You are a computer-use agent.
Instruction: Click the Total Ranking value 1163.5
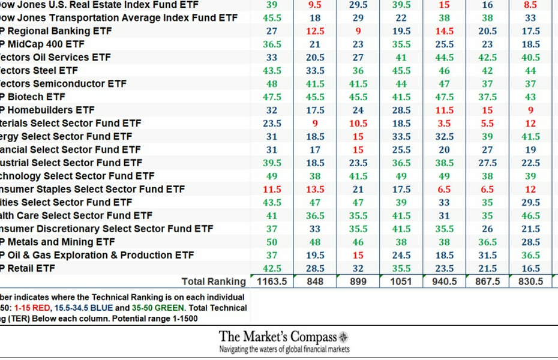coord(272,281)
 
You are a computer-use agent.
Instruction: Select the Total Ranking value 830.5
coord(530,281)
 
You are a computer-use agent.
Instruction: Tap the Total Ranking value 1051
coord(401,281)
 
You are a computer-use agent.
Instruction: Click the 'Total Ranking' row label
coord(214,281)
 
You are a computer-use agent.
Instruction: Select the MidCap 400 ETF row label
coord(42,44)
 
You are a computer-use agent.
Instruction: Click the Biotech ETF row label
coord(33,97)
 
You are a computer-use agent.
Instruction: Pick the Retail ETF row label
coord(28,269)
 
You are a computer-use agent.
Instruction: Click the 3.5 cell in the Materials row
coord(444,124)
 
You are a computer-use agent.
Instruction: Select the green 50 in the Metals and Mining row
coord(272,242)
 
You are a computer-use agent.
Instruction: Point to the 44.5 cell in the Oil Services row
coord(444,58)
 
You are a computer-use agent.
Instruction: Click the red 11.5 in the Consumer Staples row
coord(272,190)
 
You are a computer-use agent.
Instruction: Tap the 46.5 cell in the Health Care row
coord(530,216)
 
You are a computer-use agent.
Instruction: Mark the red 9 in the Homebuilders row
coord(530,110)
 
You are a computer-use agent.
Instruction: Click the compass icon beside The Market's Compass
coord(343,337)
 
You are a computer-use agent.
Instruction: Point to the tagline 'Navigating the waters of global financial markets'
coord(284,349)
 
